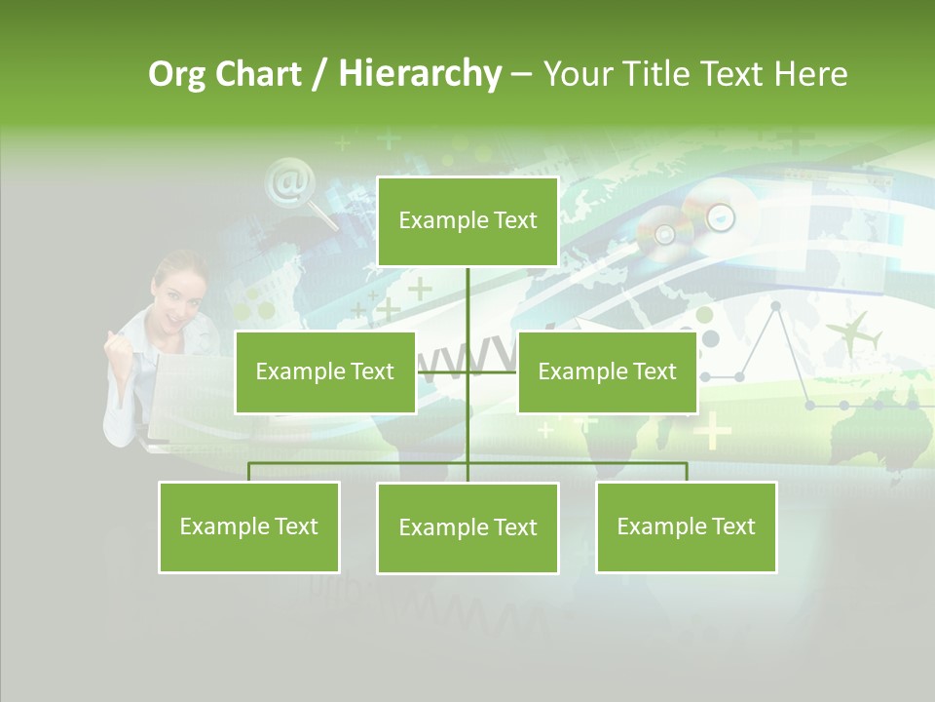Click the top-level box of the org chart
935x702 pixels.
[467, 221]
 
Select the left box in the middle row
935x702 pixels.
[325, 371]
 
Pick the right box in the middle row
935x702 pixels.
[607, 371]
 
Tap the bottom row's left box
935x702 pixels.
[249, 526]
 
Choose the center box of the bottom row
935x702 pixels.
[467, 527]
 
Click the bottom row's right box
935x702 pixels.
[686, 526]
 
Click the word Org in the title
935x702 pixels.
[176, 74]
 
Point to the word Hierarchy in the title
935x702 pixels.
[420, 74]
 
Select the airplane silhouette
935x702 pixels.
[854, 333]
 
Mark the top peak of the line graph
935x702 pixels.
[776, 306]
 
